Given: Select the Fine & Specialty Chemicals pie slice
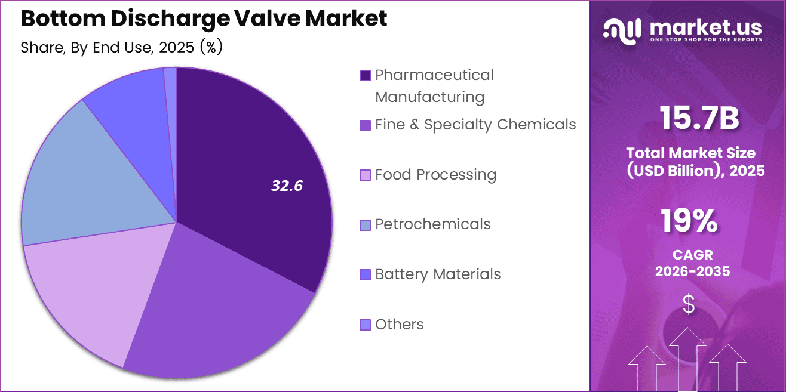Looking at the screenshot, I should (221, 310).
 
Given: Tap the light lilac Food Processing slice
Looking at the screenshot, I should (90, 292).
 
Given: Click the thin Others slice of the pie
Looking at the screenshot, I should (171, 89).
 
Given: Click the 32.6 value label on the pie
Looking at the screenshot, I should (287, 186).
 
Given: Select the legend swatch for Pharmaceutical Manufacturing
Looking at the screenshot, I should (365, 75).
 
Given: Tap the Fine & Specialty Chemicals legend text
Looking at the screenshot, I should (475, 124).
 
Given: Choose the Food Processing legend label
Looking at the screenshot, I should (435, 174).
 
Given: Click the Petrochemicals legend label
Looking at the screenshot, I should (432, 224).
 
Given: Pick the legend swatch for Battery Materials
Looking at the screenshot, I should (365, 274).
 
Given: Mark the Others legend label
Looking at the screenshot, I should (399, 324).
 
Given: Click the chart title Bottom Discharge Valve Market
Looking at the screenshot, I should (204, 18).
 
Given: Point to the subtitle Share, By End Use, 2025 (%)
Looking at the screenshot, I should (121, 48).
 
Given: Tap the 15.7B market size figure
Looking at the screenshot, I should (699, 118).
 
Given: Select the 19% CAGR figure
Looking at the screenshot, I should (689, 221).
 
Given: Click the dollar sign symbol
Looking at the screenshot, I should (689, 304).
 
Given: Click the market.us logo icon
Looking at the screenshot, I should (622, 30).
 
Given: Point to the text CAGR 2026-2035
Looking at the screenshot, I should (692, 263).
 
